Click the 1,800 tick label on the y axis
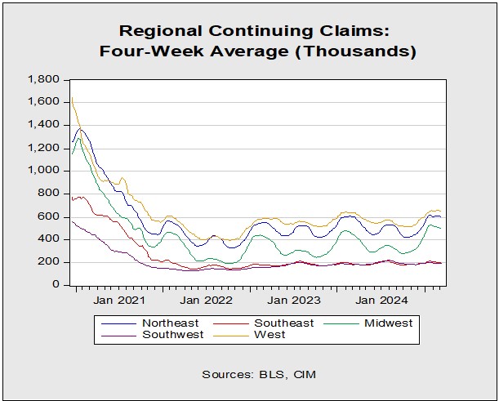(44, 79)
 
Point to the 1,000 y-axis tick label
(44, 171)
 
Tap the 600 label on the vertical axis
(52, 216)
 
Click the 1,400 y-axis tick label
(44, 125)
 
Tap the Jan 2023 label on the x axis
(296, 299)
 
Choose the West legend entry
(270, 335)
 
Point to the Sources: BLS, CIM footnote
(258, 374)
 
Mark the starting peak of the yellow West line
(72, 98)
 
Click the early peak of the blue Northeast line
(79, 129)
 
